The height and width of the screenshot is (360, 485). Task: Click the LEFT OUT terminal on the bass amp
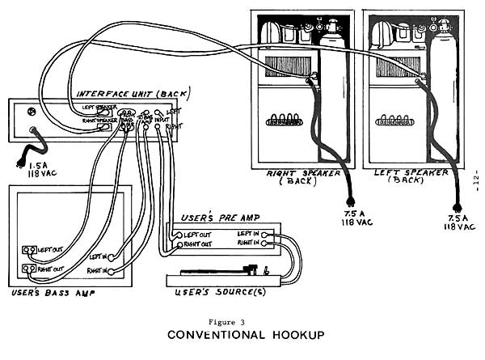pos(28,250)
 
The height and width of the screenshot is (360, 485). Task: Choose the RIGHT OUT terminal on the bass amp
pos(28,268)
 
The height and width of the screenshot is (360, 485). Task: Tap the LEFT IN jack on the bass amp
pos(110,256)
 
